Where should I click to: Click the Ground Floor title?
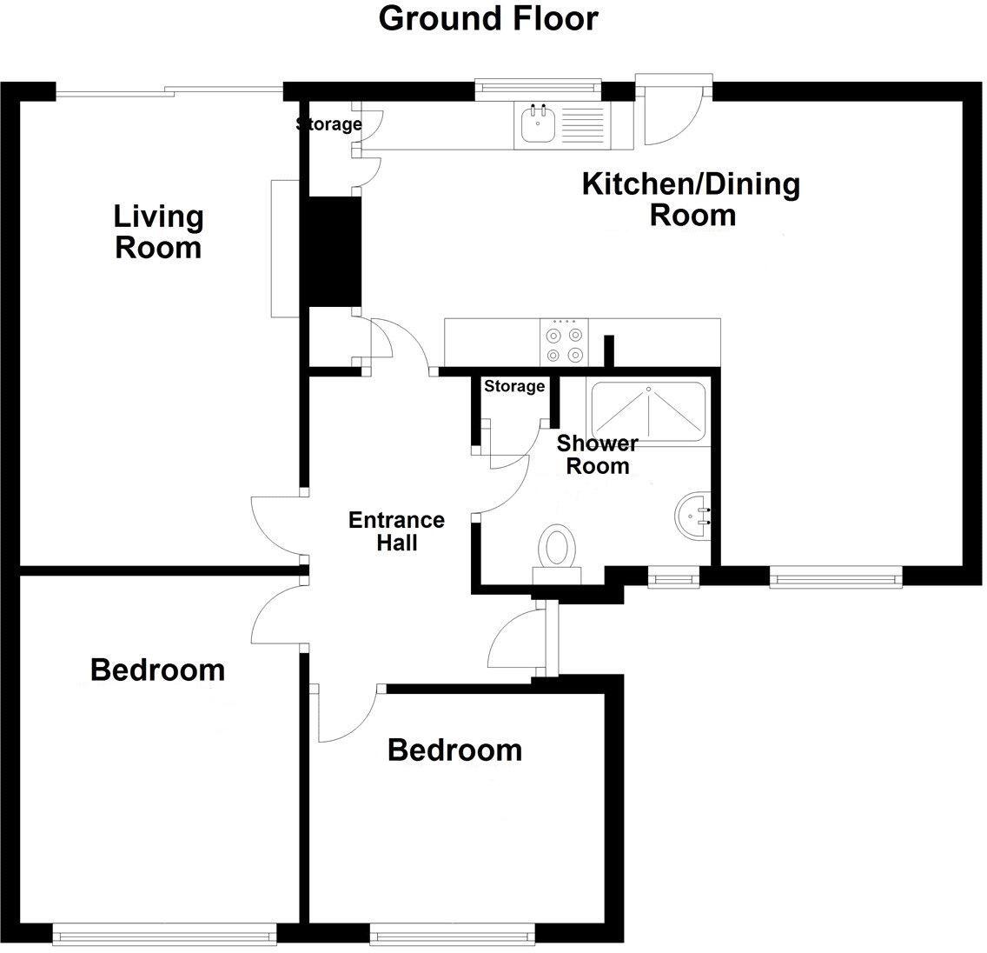[x=488, y=18]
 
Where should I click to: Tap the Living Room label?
[x=159, y=231]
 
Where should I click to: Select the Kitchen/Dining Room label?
[x=691, y=199]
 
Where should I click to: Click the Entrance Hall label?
[x=396, y=531]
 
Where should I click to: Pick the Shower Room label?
[x=597, y=455]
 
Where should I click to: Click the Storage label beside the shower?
[x=514, y=386]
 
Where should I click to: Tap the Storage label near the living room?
[x=328, y=124]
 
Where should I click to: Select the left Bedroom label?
[x=157, y=670]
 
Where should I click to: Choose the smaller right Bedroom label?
[x=454, y=750]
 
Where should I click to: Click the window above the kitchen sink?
[x=538, y=86]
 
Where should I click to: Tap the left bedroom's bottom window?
[x=164, y=935]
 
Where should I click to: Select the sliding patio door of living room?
[x=169, y=88]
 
